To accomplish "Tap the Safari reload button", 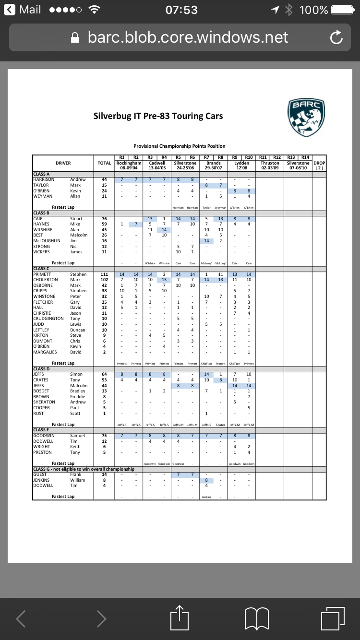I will coord(336,37).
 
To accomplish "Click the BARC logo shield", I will coord(306,117).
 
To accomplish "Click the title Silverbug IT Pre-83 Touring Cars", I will coord(158,116).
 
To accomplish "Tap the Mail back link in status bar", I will coord(23,10).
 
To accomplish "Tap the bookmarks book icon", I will coord(256,618).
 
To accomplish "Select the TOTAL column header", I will coord(104,163).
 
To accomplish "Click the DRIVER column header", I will coord(63,163).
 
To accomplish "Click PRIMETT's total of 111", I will coord(104,274).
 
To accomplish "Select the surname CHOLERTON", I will coord(46,280).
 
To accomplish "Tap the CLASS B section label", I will coord(41,213).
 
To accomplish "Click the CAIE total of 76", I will coord(104,219).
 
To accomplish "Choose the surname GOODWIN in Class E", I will coord(44,436).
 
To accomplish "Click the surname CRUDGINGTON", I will coord(48,319).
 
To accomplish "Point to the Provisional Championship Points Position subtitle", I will coord(179,146).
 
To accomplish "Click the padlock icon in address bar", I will coord(74,37).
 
